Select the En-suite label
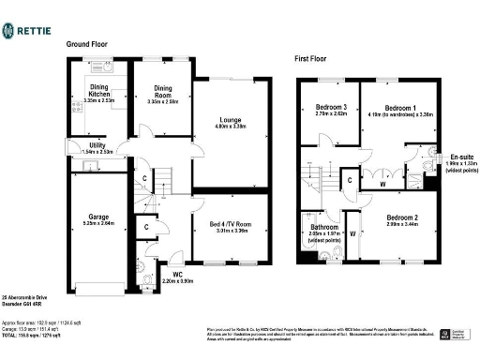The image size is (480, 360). tap(458, 157)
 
